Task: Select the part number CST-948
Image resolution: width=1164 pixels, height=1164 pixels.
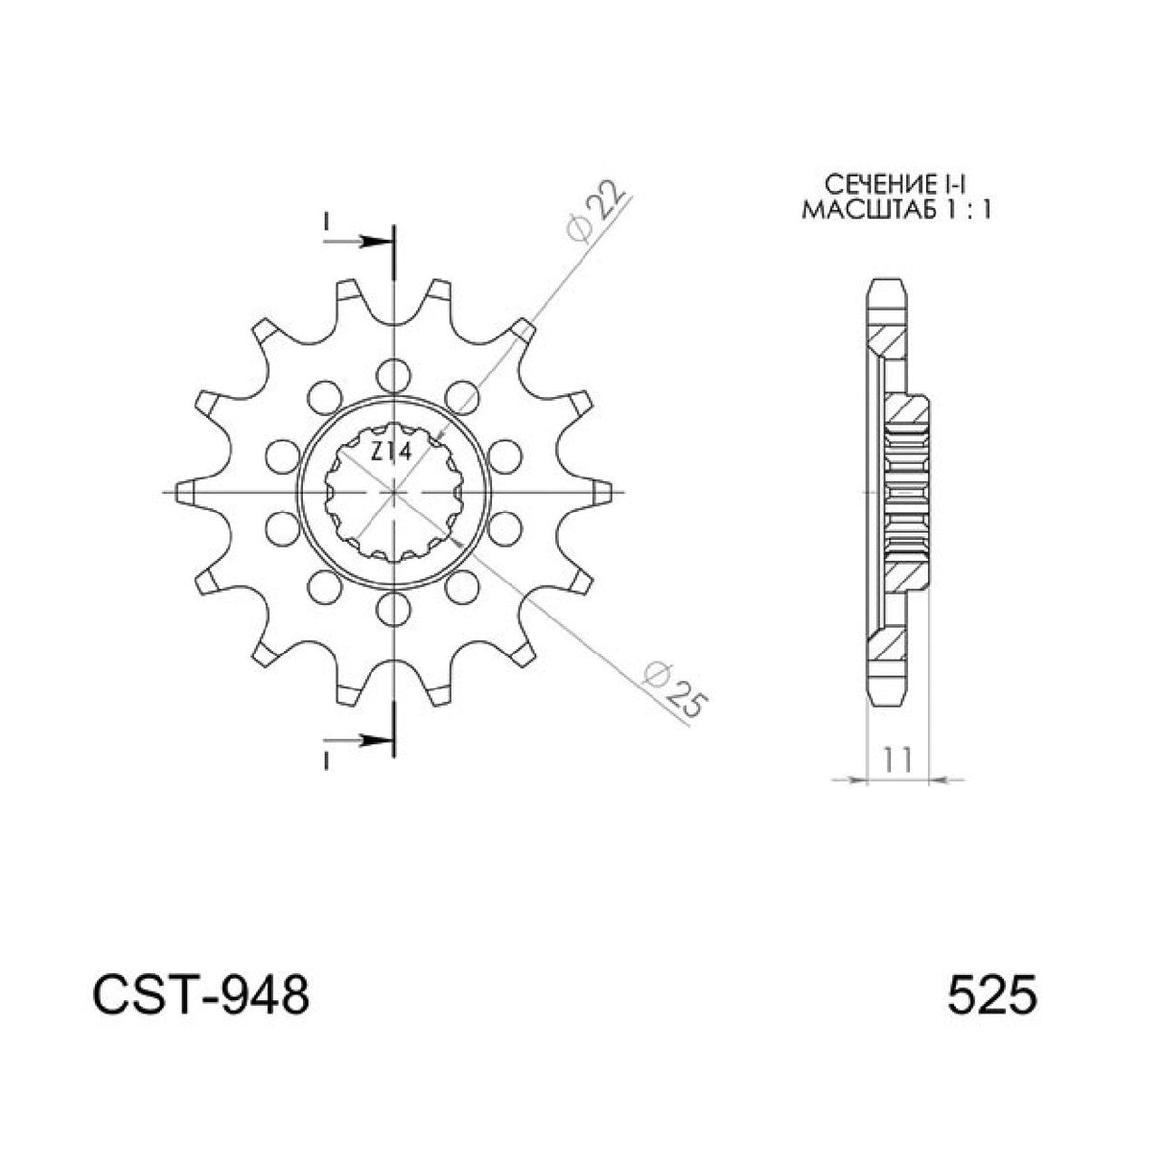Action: tap(200, 996)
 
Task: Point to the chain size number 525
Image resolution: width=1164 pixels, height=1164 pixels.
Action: tap(991, 996)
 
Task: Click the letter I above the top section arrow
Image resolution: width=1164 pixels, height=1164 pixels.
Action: tap(326, 221)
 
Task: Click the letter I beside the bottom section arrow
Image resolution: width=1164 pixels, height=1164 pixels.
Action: tap(326, 759)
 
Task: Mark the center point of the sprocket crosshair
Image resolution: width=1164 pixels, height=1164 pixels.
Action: tap(391, 491)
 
